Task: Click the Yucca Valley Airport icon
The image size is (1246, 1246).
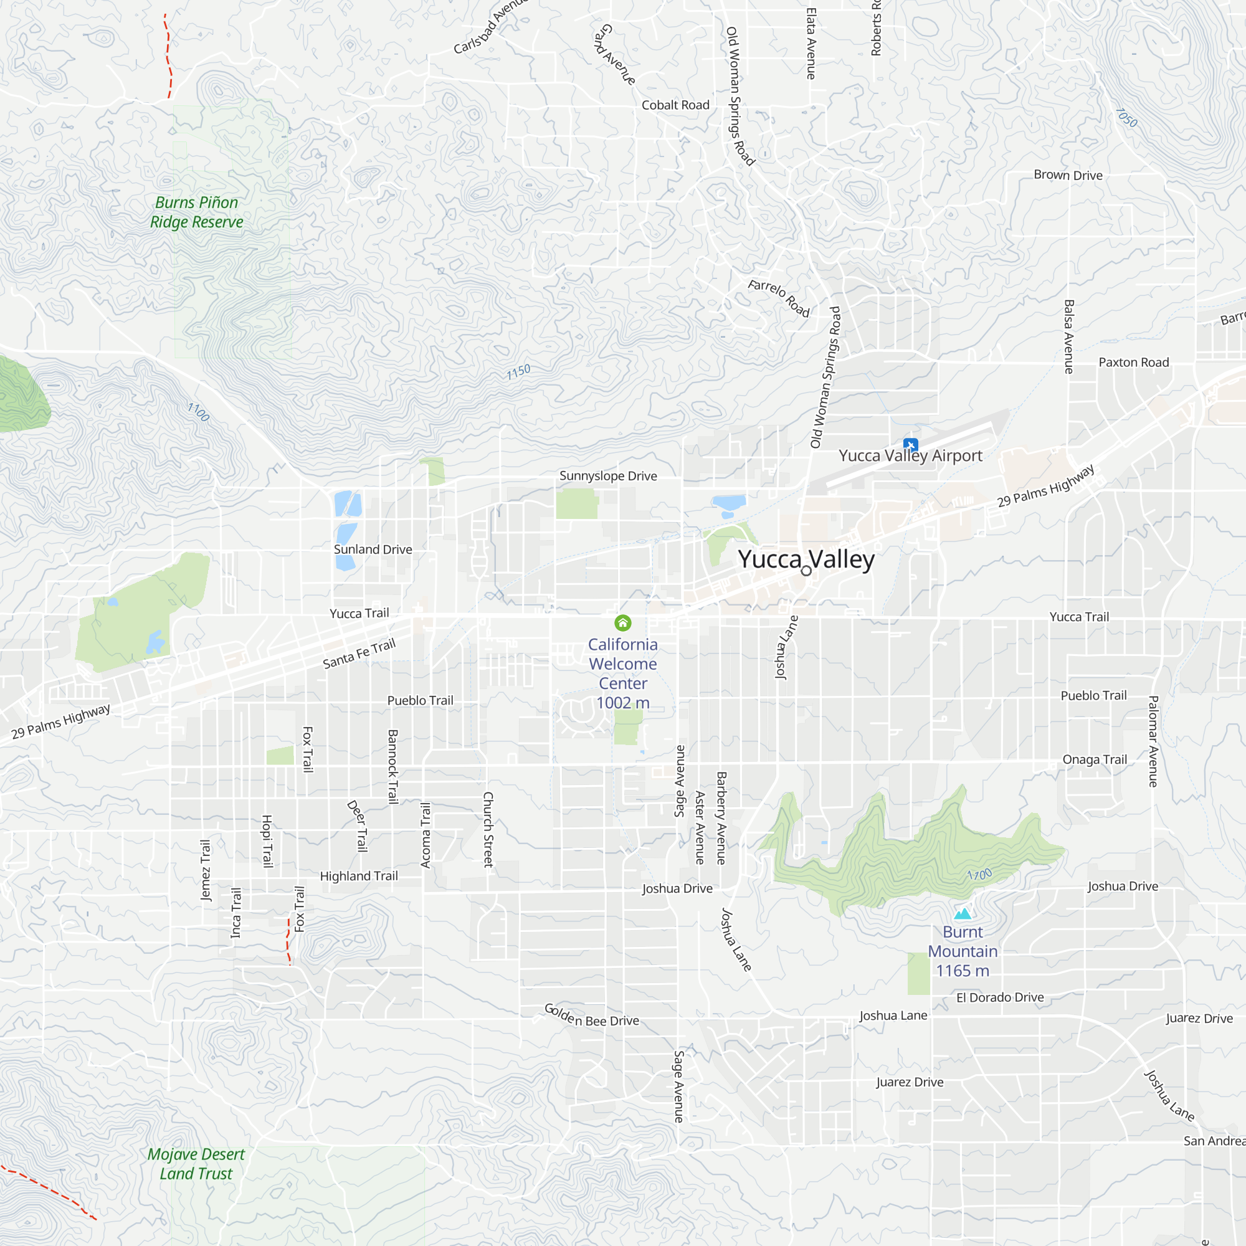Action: point(910,444)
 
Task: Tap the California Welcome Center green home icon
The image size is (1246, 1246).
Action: point(622,622)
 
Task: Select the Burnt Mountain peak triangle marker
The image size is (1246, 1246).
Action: point(963,913)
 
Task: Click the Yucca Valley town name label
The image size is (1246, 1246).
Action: point(806,559)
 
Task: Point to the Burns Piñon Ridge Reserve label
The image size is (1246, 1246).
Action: point(197,212)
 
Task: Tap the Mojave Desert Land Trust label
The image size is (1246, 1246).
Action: point(196,1163)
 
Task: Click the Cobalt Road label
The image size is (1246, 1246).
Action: point(675,105)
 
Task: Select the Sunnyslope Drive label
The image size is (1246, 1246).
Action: point(608,476)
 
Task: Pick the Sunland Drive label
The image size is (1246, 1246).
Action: point(373,549)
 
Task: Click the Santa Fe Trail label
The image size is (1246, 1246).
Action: point(359,654)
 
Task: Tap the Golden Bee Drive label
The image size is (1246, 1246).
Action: point(591,1015)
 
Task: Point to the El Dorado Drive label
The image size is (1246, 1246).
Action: point(1000,997)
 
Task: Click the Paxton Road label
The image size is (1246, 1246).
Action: point(1134,363)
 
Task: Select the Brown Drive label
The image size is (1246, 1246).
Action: point(1068,176)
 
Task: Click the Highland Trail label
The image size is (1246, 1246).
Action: point(359,876)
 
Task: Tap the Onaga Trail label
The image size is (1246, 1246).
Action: point(1095,759)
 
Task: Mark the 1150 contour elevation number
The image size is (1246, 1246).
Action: point(518,372)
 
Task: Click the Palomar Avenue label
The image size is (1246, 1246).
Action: point(1154,741)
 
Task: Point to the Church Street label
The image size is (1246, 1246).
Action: point(488,829)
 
